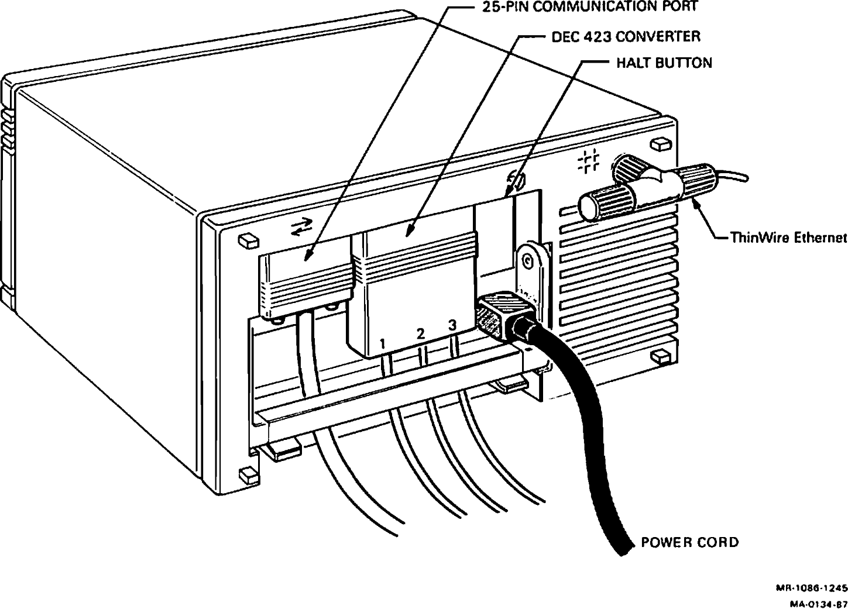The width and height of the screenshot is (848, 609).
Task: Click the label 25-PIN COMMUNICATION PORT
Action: click(x=590, y=7)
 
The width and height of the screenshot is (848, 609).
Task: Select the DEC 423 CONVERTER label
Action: click(x=626, y=36)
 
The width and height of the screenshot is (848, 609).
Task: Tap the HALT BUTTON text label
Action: click(x=664, y=63)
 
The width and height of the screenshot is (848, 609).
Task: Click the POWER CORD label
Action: click(x=689, y=542)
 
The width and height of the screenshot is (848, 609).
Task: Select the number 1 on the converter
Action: click(x=382, y=343)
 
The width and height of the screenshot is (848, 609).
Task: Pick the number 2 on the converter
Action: click(x=420, y=334)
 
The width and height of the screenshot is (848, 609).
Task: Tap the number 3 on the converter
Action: click(x=451, y=326)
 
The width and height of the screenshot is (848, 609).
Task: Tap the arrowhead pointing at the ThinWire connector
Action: click(x=696, y=202)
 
